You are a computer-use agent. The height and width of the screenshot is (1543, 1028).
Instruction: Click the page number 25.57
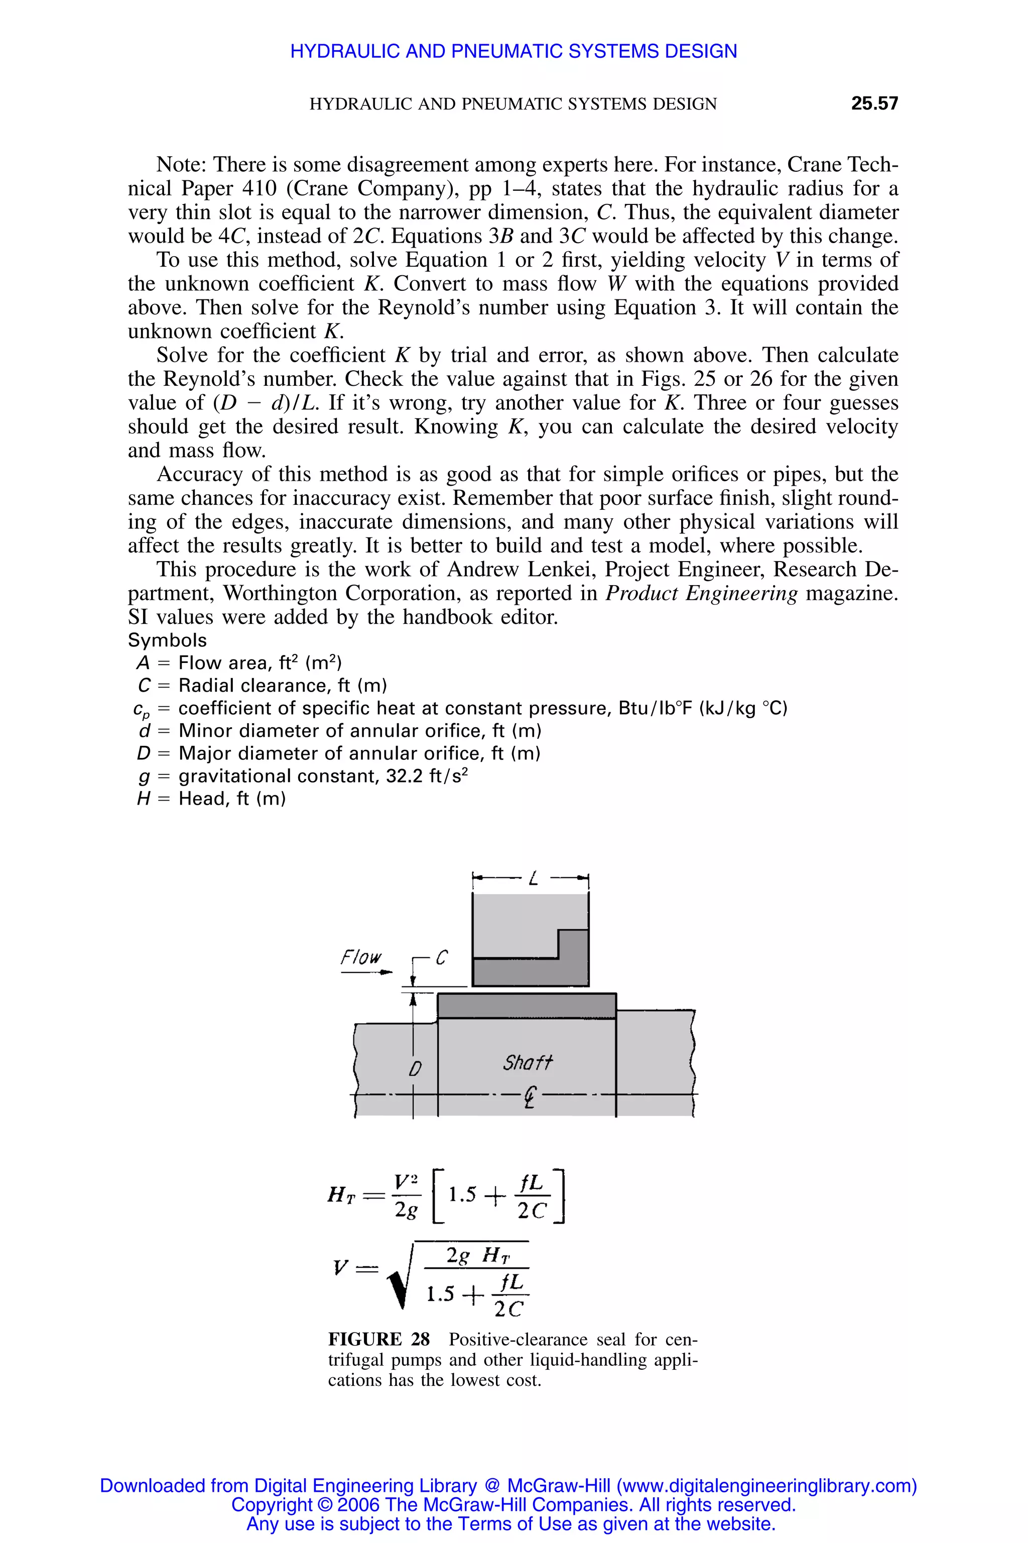tap(874, 103)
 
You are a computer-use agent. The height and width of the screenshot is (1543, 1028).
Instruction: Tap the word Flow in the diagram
tap(360, 957)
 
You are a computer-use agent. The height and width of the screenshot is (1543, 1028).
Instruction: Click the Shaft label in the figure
tap(528, 1061)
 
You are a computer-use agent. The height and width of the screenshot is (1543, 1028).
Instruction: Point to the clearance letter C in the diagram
tap(441, 958)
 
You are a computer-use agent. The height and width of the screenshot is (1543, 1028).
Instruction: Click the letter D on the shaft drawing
tap(414, 1069)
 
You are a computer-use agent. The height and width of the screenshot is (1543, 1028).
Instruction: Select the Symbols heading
tap(167, 640)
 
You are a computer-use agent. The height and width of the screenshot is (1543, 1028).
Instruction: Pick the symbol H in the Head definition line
tap(143, 799)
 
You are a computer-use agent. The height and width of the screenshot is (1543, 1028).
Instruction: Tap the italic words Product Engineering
tap(701, 593)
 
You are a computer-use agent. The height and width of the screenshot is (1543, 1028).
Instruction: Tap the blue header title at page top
tap(513, 51)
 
